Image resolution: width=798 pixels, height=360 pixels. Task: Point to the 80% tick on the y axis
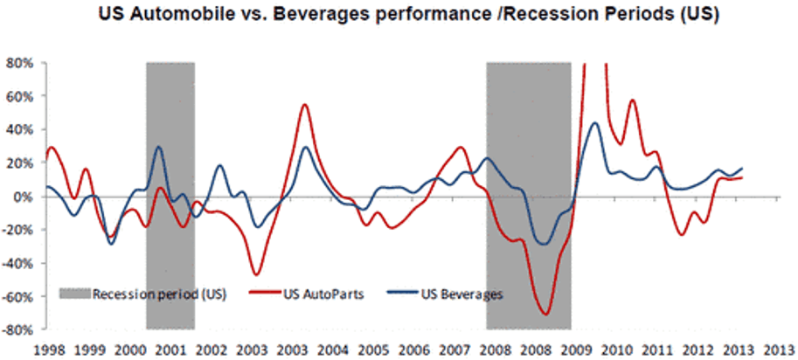coord(18,63)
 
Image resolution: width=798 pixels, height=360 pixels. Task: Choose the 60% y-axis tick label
coord(18,96)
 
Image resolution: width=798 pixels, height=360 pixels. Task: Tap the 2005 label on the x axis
coord(374,349)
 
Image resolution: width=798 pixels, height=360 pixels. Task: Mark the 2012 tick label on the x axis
coord(700,349)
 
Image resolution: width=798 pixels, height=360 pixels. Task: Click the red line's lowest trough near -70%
coord(545,314)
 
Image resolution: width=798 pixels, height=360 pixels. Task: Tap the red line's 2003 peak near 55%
coord(304,105)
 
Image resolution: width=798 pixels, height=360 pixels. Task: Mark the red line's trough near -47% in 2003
coord(256,274)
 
